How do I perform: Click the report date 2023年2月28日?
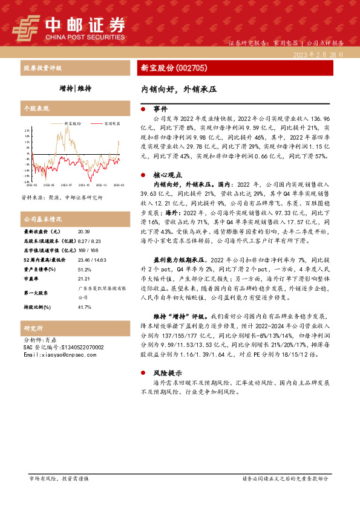pos(318,54)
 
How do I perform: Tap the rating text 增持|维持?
pos(76,88)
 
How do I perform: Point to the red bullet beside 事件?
pos(143,109)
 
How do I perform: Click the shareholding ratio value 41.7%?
pos(84,307)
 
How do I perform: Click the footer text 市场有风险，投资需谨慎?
pos(59,495)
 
